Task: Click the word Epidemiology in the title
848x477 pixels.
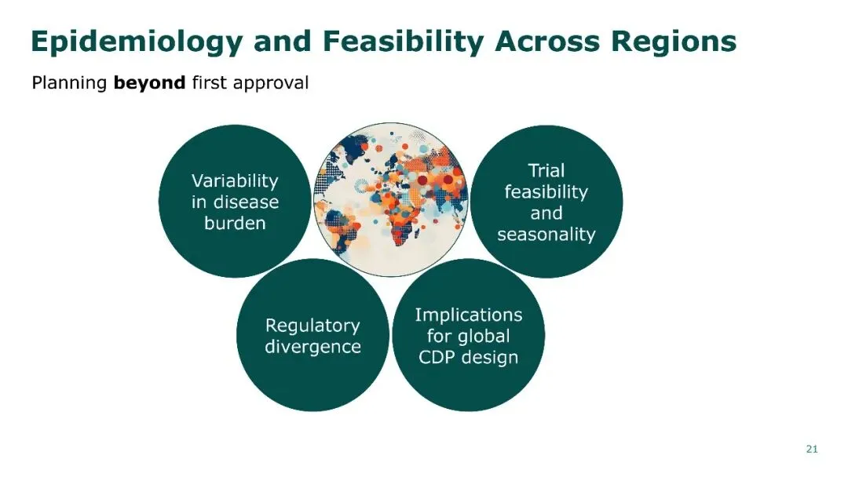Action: tap(137, 42)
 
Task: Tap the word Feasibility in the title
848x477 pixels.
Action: tap(403, 42)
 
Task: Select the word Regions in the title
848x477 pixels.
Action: tap(674, 42)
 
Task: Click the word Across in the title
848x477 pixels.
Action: tap(547, 41)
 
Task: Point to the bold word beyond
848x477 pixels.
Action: tap(149, 82)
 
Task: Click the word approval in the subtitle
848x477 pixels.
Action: tap(270, 84)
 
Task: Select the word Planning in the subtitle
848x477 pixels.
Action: tap(69, 84)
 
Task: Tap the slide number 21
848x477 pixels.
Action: tap(812, 449)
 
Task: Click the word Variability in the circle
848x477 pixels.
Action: tap(235, 181)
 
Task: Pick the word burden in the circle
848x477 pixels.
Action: tap(235, 223)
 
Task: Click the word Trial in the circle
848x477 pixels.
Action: tap(546, 171)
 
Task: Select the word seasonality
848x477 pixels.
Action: tap(546, 235)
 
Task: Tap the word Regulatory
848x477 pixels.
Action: tap(313, 326)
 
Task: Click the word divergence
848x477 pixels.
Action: tap(313, 346)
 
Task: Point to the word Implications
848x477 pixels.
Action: tap(468, 315)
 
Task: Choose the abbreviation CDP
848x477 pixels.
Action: tap(437, 357)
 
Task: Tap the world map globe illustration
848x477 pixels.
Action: tap(391, 199)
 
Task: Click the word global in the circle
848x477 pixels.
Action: tap(483, 337)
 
